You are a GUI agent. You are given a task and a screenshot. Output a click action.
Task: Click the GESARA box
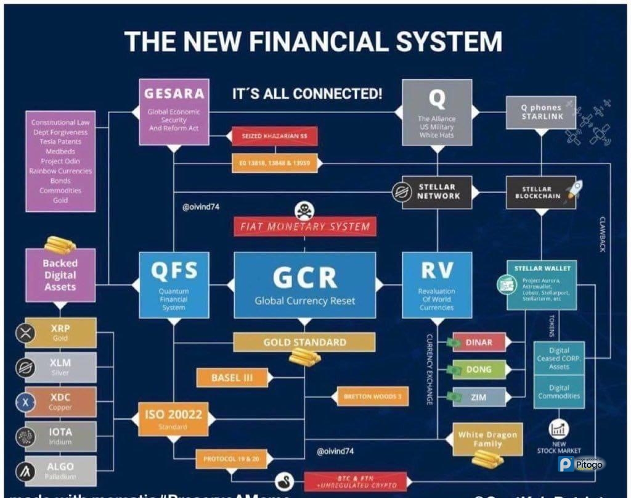pos(174,112)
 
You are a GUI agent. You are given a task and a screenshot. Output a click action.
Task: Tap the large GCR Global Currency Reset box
pos(305,284)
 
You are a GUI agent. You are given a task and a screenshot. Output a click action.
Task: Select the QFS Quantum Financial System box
pos(173,284)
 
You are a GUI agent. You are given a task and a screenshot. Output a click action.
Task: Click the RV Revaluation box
pos(437,284)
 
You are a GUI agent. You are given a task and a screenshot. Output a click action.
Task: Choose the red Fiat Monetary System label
pos(304,226)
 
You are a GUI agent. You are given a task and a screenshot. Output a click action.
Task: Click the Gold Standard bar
pos(304,342)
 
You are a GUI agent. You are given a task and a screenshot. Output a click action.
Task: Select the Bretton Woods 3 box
pos(373,396)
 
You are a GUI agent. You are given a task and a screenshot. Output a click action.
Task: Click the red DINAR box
pos(479,342)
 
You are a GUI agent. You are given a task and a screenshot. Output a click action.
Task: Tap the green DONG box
pos(479,370)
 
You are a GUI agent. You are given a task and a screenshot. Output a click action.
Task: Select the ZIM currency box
pos(479,397)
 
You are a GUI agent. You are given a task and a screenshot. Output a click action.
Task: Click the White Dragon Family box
pos(487,439)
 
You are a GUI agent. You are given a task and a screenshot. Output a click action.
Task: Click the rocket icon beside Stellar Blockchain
pos(574,189)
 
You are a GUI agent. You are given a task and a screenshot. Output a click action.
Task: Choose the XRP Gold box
pos(60,333)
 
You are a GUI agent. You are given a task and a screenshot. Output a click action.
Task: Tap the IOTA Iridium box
pos(60,436)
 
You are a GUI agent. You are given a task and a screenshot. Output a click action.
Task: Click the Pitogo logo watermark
pos(580,464)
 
